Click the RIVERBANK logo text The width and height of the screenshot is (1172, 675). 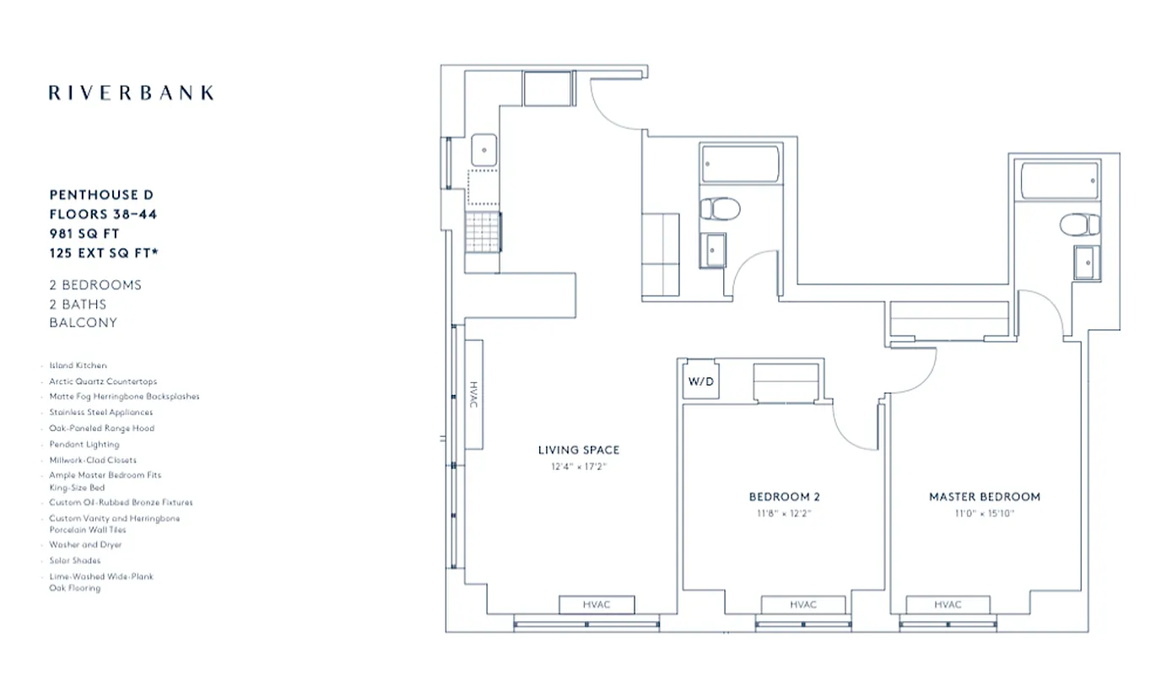[131, 93]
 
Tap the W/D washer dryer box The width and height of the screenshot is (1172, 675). [700, 381]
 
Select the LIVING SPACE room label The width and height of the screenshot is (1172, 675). [578, 450]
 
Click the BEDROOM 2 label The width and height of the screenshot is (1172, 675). [784, 497]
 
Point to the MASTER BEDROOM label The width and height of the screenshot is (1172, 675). [984, 497]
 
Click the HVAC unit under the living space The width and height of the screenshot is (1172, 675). [596, 605]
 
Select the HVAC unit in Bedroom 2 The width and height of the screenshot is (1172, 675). [802, 605]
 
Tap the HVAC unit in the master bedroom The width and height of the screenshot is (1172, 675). [948, 605]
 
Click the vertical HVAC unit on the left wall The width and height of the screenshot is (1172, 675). [473, 395]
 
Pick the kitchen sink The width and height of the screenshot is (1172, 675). [483, 149]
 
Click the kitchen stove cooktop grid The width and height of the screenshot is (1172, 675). [483, 229]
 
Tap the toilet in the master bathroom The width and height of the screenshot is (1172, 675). [1080, 224]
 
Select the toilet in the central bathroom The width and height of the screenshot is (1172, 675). [721, 208]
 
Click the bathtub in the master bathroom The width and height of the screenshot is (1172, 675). [1060, 181]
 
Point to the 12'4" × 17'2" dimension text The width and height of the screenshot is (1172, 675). [578, 466]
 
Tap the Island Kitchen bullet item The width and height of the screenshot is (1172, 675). [78, 366]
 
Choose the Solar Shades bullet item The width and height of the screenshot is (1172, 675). [74, 560]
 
